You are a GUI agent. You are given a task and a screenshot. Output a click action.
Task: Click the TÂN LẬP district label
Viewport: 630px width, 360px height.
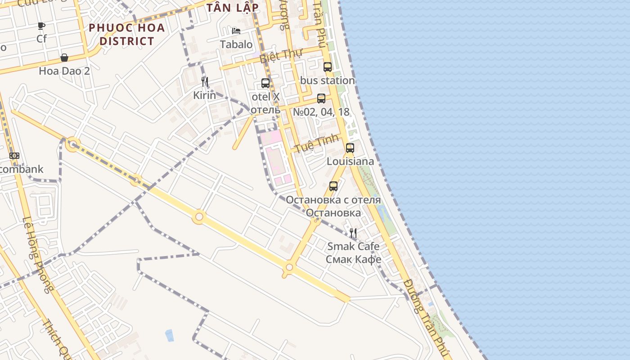[233, 8]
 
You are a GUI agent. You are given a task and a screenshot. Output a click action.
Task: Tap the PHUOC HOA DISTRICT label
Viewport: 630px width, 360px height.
[126, 34]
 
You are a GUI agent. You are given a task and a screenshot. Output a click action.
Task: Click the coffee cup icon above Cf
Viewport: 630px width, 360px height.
[41, 26]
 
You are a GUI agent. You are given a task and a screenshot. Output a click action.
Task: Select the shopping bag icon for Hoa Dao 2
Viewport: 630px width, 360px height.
[64, 58]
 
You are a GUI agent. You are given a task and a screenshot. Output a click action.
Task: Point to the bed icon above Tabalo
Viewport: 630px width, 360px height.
[236, 31]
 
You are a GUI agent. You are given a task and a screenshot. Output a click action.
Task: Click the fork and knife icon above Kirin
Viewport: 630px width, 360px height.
[205, 82]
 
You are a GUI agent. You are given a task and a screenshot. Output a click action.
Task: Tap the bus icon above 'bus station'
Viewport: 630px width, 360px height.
[328, 67]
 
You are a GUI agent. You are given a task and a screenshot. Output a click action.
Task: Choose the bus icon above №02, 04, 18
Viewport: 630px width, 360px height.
[321, 99]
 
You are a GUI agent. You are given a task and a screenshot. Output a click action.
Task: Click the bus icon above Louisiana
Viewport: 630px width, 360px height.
[350, 148]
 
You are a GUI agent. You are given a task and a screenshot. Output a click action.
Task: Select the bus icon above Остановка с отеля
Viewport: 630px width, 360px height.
[333, 186]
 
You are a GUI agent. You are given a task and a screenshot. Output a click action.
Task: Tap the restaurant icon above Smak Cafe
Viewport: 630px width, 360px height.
[353, 233]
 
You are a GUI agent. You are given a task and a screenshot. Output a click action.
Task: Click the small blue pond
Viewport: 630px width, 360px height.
[169, 335]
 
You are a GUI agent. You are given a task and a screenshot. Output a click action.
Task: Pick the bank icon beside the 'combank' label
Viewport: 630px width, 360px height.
[14, 156]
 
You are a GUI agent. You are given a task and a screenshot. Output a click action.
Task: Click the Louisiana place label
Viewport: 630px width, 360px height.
[350, 161]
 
